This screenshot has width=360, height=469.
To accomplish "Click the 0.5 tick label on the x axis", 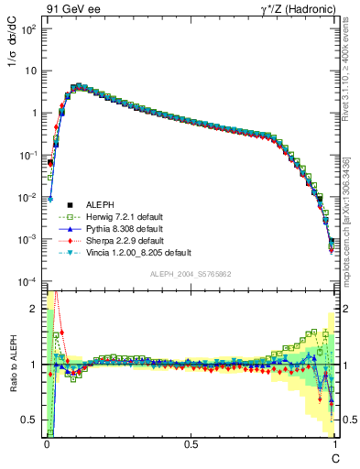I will pyautogui.click(x=191, y=443).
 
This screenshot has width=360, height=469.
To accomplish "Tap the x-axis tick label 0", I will pyautogui.click(x=47, y=443).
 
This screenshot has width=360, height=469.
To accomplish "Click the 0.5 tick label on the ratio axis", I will pyautogui.click(x=32, y=420).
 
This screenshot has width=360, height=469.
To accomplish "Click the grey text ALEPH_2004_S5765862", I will pyautogui.click(x=190, y=275).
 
